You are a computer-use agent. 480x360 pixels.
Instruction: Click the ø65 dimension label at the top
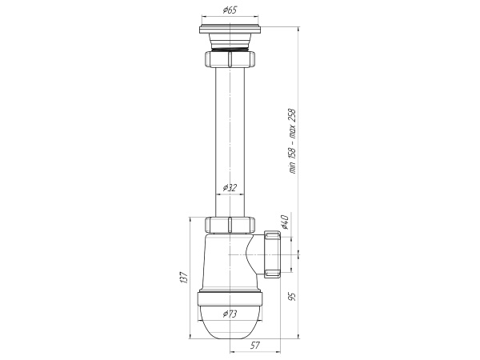click(x=230, y=10)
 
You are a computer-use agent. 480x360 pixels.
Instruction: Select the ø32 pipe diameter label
click(x=230, y=187)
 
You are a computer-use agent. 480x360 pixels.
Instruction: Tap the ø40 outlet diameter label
click(x=284, y=222)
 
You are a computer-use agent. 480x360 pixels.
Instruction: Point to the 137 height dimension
click(x=184, y=278)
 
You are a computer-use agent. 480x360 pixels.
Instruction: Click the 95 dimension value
click(x=293, y=296)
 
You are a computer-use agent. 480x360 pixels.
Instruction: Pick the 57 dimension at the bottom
click(x=254, y=346)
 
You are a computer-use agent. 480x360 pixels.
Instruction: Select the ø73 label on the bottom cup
click(x=230, y=314)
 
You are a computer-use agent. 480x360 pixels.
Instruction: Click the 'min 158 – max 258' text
click(x=293, y=142)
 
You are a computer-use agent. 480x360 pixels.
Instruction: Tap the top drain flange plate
click(x=230, y=30)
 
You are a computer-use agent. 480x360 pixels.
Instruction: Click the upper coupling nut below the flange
click(x=230, y=59)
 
